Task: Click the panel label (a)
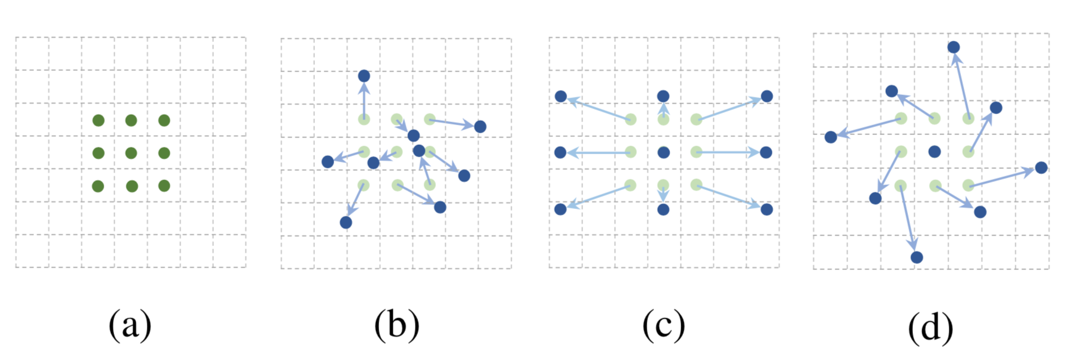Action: (129, 325)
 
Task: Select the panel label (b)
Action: (396, 325)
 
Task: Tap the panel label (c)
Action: (663, 325)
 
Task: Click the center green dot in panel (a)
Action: (131, 153)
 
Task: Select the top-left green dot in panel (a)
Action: (98, 120)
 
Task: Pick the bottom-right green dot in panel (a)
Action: (164, 186)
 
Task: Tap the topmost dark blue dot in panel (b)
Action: (364, 76)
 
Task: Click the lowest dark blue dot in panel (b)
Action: (346, 222)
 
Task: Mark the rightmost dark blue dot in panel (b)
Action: (480, 126)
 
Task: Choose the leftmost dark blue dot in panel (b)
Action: (328, 162)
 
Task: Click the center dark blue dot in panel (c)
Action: (663, 152)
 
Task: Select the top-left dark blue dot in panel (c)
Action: (561, 96)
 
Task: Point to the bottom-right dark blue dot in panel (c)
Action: (767, 210)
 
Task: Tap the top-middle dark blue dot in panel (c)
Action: (663, 96)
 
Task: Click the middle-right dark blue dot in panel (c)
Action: (766, 152)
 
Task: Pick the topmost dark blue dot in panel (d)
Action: (954, 47)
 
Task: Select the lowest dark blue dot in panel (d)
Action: (917, 257)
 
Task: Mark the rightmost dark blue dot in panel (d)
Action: (1041, 167)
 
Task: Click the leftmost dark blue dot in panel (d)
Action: (831, 137)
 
